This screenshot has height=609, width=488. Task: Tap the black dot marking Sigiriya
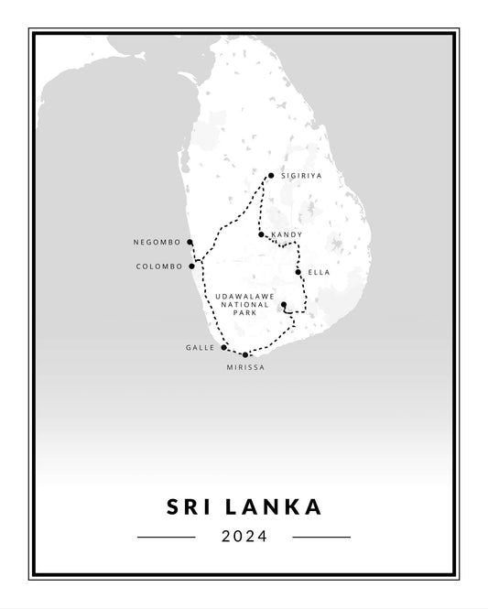coord(270,176)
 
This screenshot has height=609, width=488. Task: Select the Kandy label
coord(287,235)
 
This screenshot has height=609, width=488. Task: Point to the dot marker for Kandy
coord(262,235)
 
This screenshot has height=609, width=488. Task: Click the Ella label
coord(319,272)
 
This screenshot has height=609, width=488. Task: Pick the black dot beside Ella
coord(298,272)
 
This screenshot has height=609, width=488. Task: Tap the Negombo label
coord(157,243)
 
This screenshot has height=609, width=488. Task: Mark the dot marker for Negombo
coord(190,243)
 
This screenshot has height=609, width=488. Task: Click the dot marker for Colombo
coord(191,266)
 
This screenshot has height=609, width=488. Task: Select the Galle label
coord(201,348)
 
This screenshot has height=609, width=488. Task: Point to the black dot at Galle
coord(223,348)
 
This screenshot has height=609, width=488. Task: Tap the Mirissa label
coord(245,367)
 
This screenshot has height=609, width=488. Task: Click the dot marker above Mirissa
coord(245,354)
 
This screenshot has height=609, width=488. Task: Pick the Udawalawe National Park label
coord(242,304)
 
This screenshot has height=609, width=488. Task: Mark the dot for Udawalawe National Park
coord(284,305)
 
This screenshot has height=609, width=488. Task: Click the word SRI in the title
coord(190,506)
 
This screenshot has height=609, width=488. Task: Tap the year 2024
coord(244,537)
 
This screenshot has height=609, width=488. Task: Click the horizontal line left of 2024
coord(166,537)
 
